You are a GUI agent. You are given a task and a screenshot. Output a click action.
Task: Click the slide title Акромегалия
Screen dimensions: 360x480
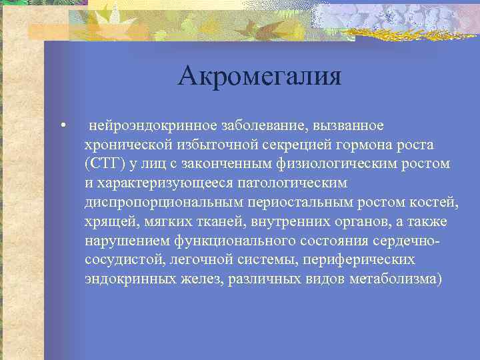(259, 77)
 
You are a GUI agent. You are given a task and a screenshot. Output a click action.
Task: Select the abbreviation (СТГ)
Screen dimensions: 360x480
(103, 164)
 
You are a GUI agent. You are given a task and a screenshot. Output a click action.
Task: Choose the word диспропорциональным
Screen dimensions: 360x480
(151, 202)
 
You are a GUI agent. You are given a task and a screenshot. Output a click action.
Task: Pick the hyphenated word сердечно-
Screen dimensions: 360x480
(413, 240)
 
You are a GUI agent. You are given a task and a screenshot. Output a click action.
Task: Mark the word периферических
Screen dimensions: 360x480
(363, 259)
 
